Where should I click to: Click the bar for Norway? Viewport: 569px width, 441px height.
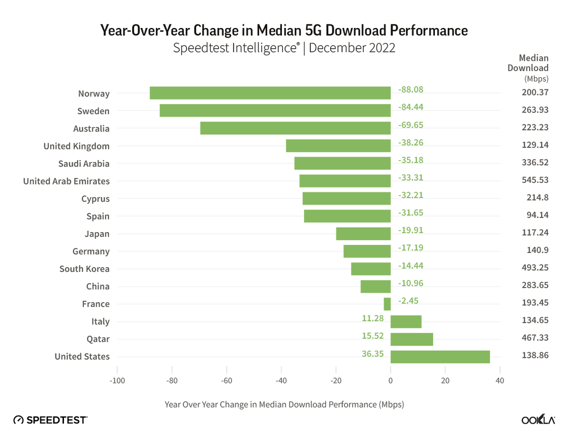270,93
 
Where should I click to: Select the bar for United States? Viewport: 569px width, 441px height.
440,357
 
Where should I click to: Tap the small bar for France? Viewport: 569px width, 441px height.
387,304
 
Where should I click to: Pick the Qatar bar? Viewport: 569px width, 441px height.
412,339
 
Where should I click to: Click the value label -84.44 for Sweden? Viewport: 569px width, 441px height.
411,107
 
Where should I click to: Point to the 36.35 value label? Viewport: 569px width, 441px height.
373,353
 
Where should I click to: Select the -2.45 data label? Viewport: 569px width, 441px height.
408,300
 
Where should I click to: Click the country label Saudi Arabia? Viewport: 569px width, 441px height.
84,164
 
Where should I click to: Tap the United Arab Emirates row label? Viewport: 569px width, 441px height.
66,181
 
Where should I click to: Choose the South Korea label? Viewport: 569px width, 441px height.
84,269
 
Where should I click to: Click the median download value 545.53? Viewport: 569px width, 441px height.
535,180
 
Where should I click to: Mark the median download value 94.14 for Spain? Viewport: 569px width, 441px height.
538,215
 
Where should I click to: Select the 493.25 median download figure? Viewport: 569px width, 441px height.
535,268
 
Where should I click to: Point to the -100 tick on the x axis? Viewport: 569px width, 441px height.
117,381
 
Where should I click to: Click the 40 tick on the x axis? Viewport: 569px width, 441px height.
500,381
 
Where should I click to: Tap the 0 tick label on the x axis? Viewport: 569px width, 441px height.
390,381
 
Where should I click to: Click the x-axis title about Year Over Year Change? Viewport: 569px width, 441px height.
284,404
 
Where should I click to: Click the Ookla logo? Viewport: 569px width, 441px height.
538,420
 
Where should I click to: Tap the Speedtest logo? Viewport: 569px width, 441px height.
50,420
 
